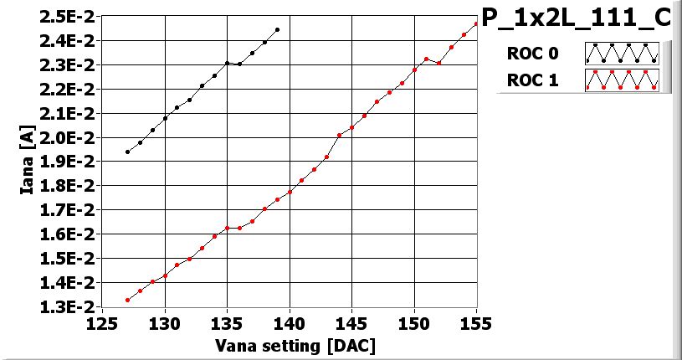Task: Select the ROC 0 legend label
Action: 532,54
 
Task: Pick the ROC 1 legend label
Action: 532,80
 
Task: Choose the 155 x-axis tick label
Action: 477,323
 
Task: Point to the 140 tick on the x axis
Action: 290,323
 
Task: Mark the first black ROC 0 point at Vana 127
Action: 127,152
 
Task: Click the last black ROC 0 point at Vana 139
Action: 277,29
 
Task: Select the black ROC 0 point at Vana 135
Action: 227,63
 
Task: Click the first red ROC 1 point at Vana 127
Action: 127,300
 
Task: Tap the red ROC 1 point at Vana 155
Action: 476,23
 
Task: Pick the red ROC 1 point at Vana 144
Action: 339,135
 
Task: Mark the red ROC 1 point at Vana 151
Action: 427,59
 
